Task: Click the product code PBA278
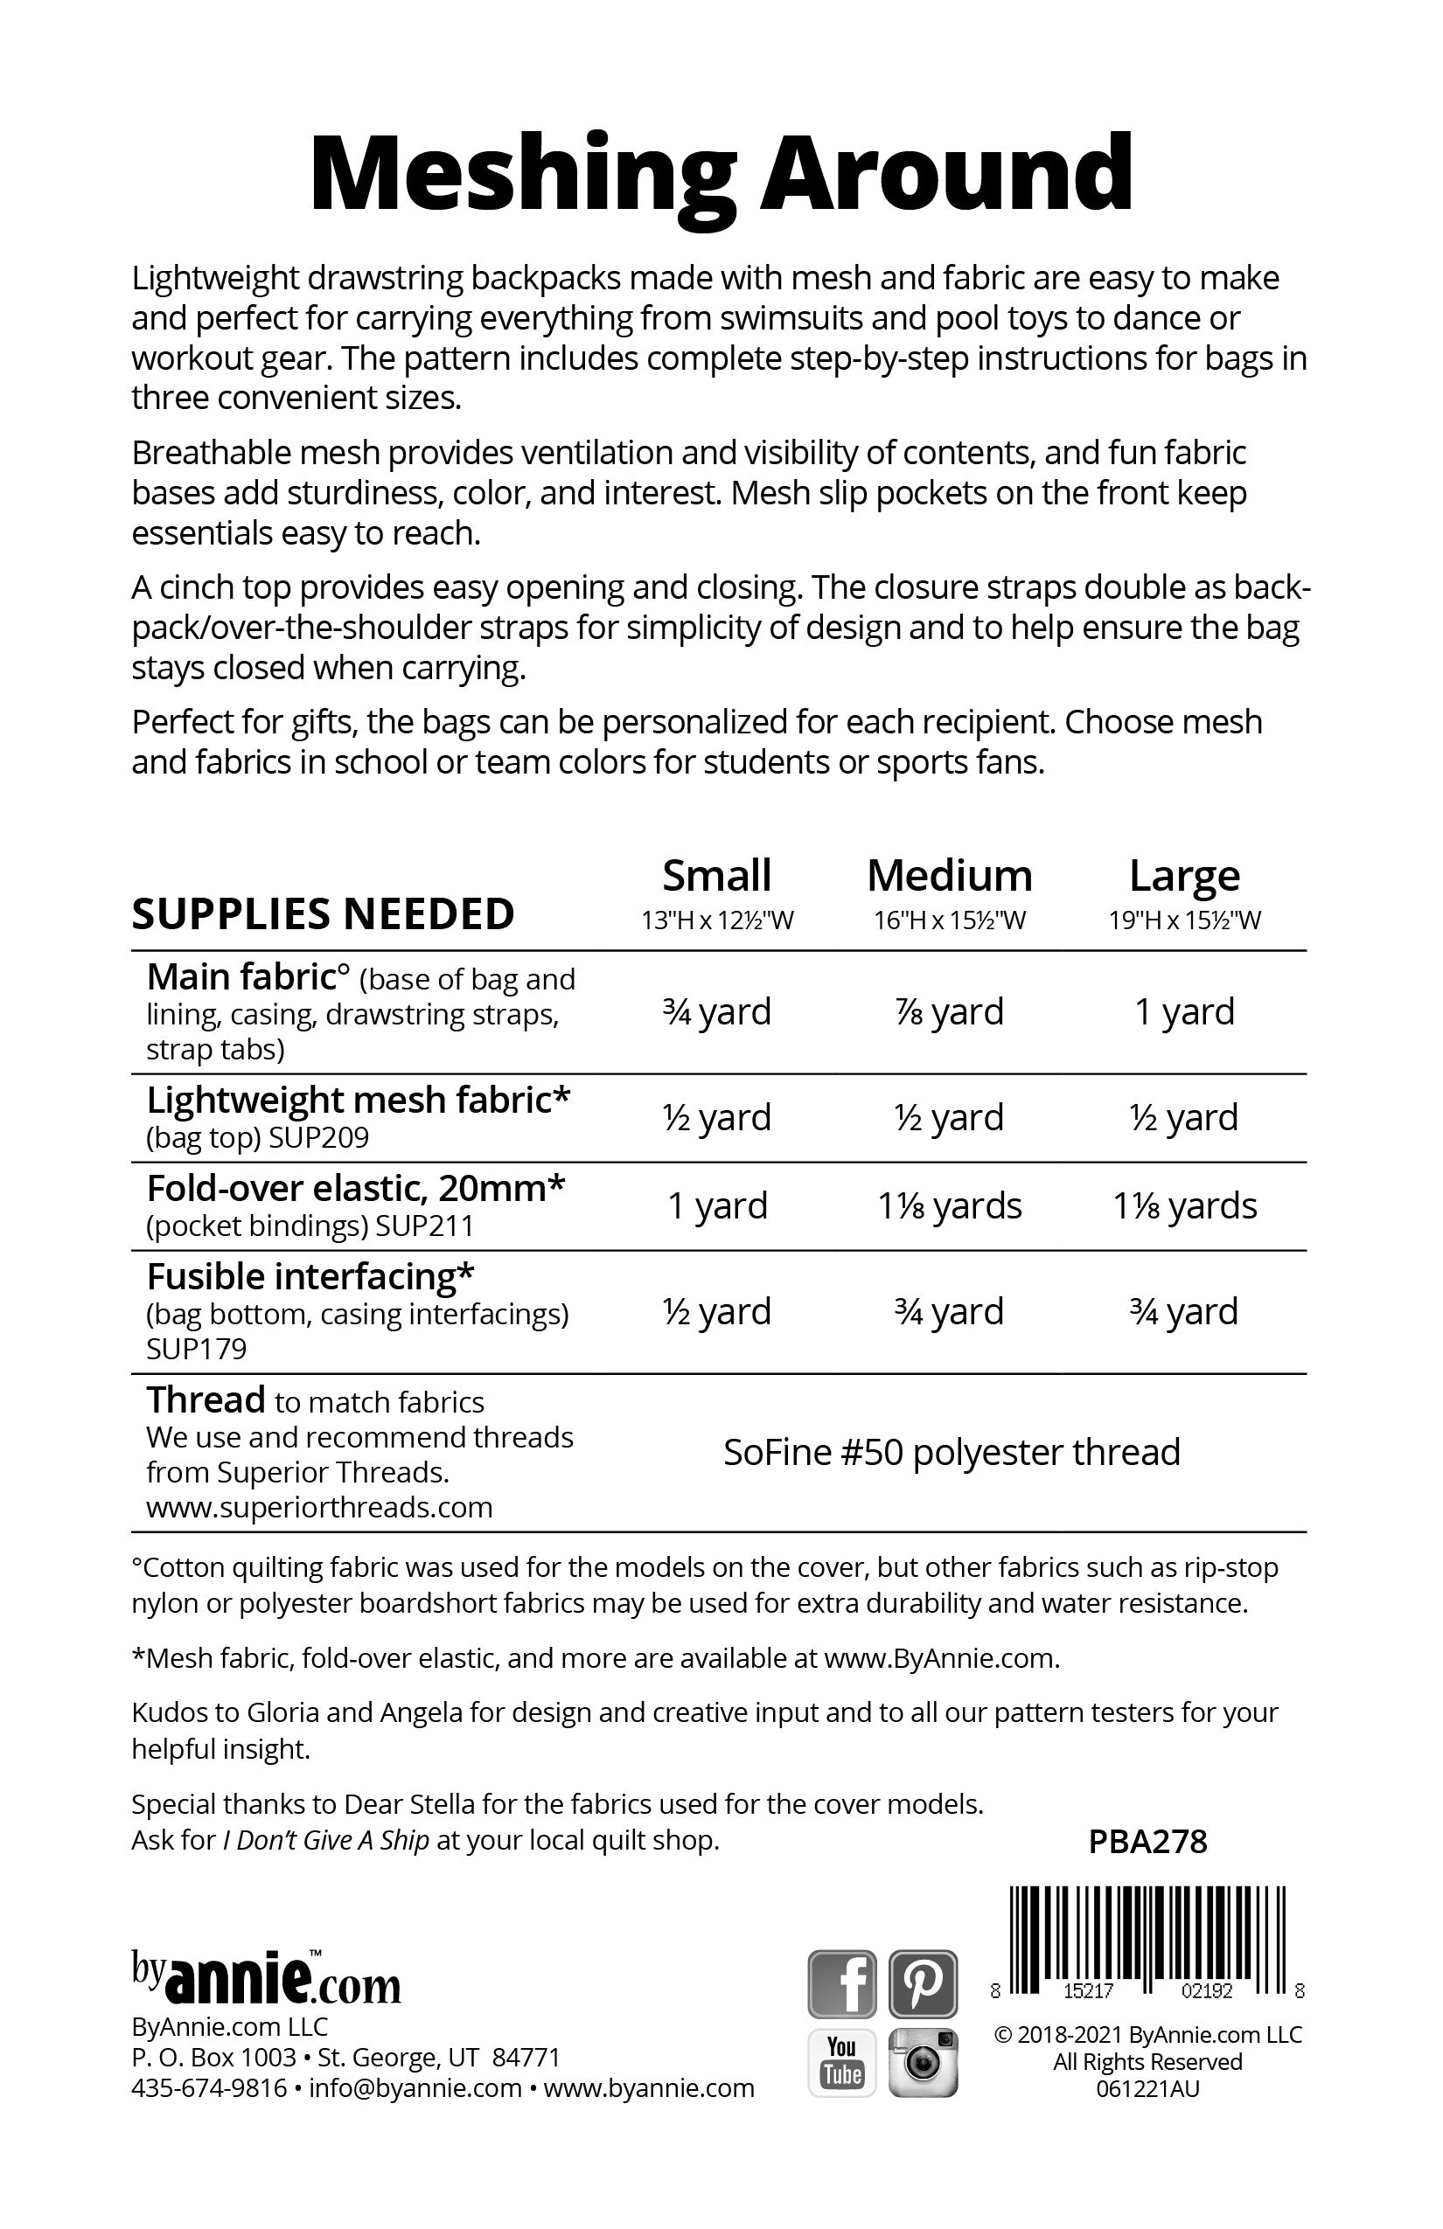(1147, 1843)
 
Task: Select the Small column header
(717, 876)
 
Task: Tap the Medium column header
(949, 876)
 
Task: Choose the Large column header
(1184, 876)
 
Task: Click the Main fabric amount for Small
(717, 1011)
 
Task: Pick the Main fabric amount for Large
(1184, 1011)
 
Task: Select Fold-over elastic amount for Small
(717, 1205)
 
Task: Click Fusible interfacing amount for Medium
(949, 1311)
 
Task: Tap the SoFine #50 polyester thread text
(952, 1453)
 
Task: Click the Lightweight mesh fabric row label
(359, 1101)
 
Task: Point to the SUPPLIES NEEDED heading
(324, 914)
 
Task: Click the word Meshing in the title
(521, 174)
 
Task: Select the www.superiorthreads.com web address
(319, 1507)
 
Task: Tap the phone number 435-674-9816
(209, 2087)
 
